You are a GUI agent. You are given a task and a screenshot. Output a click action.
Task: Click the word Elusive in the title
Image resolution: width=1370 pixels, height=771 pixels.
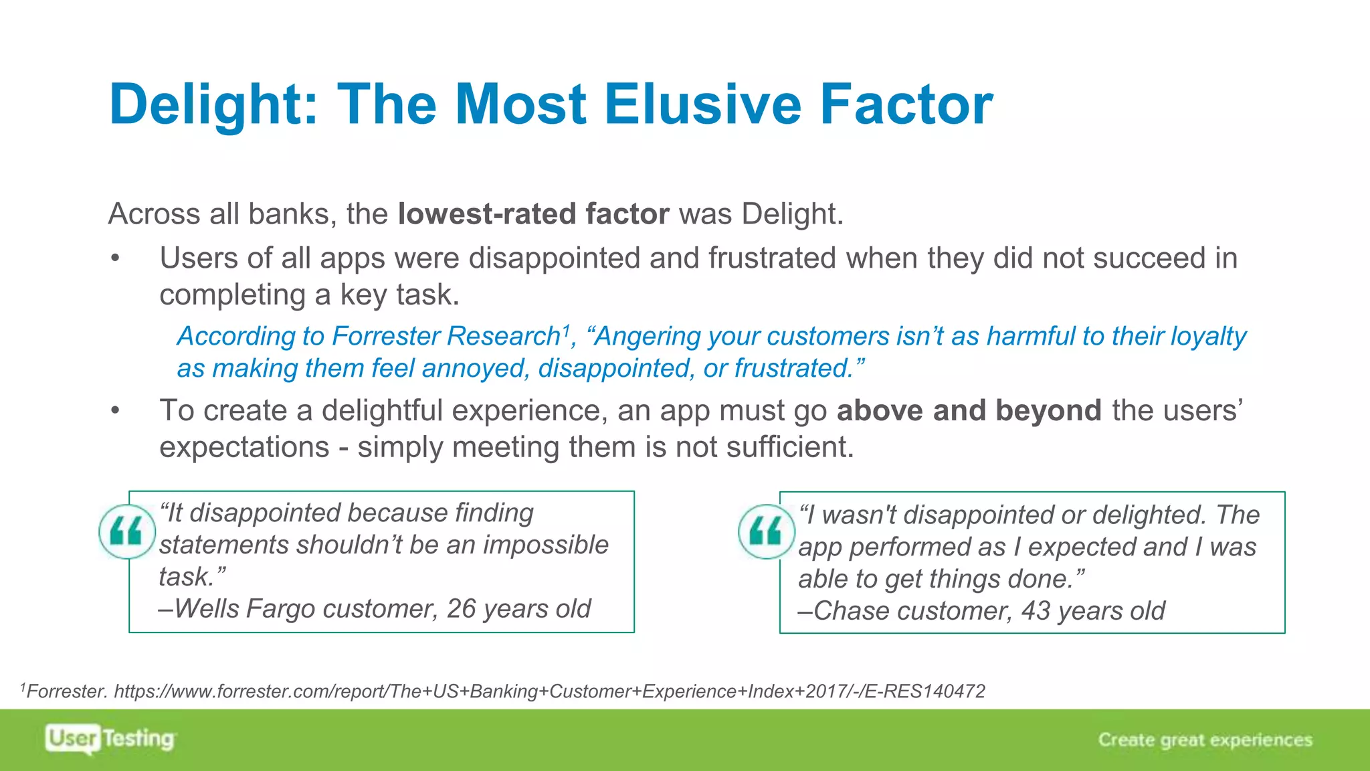[702, 104]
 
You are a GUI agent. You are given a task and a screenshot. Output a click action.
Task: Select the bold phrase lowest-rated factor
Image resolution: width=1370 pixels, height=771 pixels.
[533, 214]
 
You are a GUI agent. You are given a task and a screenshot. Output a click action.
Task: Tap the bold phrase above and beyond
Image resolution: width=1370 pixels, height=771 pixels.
[969, 410]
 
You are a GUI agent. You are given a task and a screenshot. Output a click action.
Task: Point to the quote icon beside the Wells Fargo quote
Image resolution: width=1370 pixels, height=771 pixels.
[126, 531]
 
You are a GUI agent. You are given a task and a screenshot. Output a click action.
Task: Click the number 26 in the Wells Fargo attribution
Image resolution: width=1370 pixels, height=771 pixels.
[462, 609]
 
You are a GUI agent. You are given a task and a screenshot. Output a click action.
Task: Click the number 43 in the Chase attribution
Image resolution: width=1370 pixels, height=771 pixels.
[1036, 611]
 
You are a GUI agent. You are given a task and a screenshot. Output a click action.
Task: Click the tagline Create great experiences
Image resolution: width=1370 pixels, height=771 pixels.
[1205, 740]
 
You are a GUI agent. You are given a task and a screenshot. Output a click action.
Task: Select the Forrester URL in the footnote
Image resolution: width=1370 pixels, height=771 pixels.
[549, 691]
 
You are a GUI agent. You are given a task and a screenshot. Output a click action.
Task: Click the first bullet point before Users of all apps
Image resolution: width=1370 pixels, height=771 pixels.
[116, 258]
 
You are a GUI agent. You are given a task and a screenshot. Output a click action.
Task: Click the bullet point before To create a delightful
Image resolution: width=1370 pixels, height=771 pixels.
[116, 410]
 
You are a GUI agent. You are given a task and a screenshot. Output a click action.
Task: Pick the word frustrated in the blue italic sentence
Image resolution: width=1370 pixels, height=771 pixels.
[792, 369]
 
